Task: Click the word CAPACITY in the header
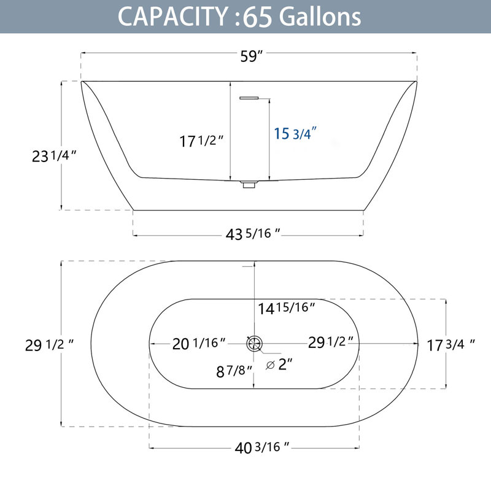(173, 17)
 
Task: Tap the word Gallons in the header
(320, 17)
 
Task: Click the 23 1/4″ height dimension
(54, 156)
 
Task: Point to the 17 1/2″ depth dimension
(201, 141)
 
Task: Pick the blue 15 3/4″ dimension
(295, 133)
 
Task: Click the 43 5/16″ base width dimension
(253, 234)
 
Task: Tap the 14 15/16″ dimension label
(286, 308)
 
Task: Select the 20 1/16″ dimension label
(199, 344)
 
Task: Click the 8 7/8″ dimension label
(234, 371)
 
